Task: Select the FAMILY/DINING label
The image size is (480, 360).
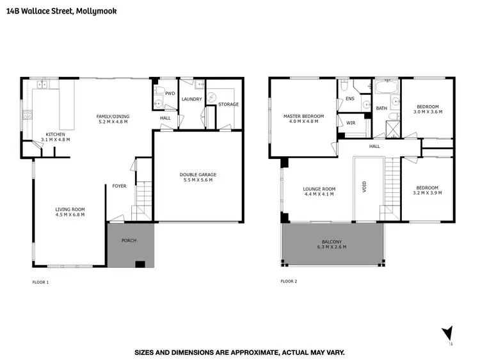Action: coord(113,117)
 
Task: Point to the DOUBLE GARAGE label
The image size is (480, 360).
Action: coord(197,175)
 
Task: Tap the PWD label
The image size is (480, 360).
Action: coord(170,94)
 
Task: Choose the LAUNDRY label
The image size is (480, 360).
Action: coord(191,99)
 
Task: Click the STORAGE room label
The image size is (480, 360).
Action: coord(228,104)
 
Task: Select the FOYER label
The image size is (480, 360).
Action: coord(119,187)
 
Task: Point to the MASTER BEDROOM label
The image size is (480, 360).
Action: coord(303,116)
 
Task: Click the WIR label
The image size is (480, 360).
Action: coord(350,122)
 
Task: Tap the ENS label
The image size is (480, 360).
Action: coord(349,99)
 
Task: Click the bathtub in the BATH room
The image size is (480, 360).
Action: coord(387,88)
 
